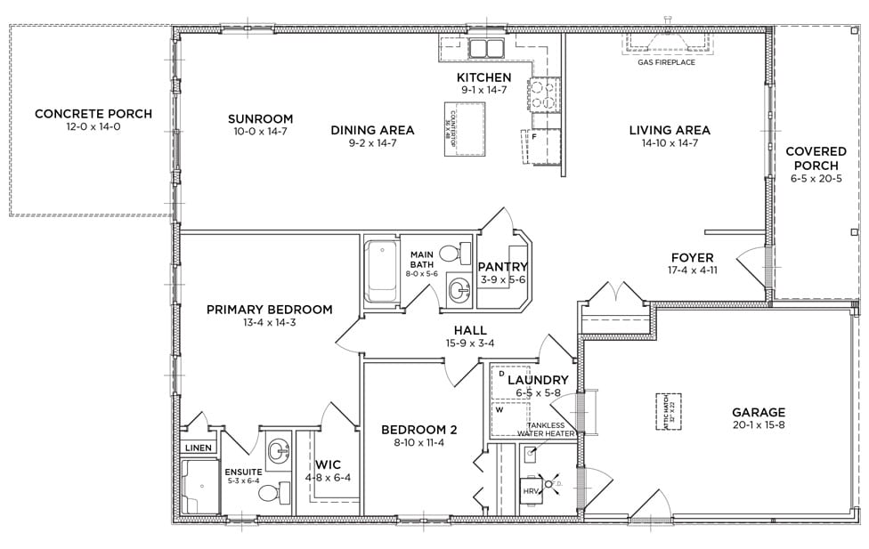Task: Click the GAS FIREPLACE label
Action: coord(666,62)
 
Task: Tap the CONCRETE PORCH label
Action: coord(93,114)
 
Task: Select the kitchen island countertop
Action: coord(465,128)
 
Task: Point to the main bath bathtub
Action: coord(381,270)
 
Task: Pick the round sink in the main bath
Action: coord(459,289)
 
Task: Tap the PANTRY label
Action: coord(503,267)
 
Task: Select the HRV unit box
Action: coord(532,491)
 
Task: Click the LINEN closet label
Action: coord(199,448)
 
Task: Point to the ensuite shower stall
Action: coord(200,486)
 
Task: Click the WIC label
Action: coord(328,464)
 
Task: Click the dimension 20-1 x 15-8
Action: coord(759,426)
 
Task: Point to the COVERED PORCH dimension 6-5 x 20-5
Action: coord(816,178)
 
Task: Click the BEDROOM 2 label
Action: coord(413,430)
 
